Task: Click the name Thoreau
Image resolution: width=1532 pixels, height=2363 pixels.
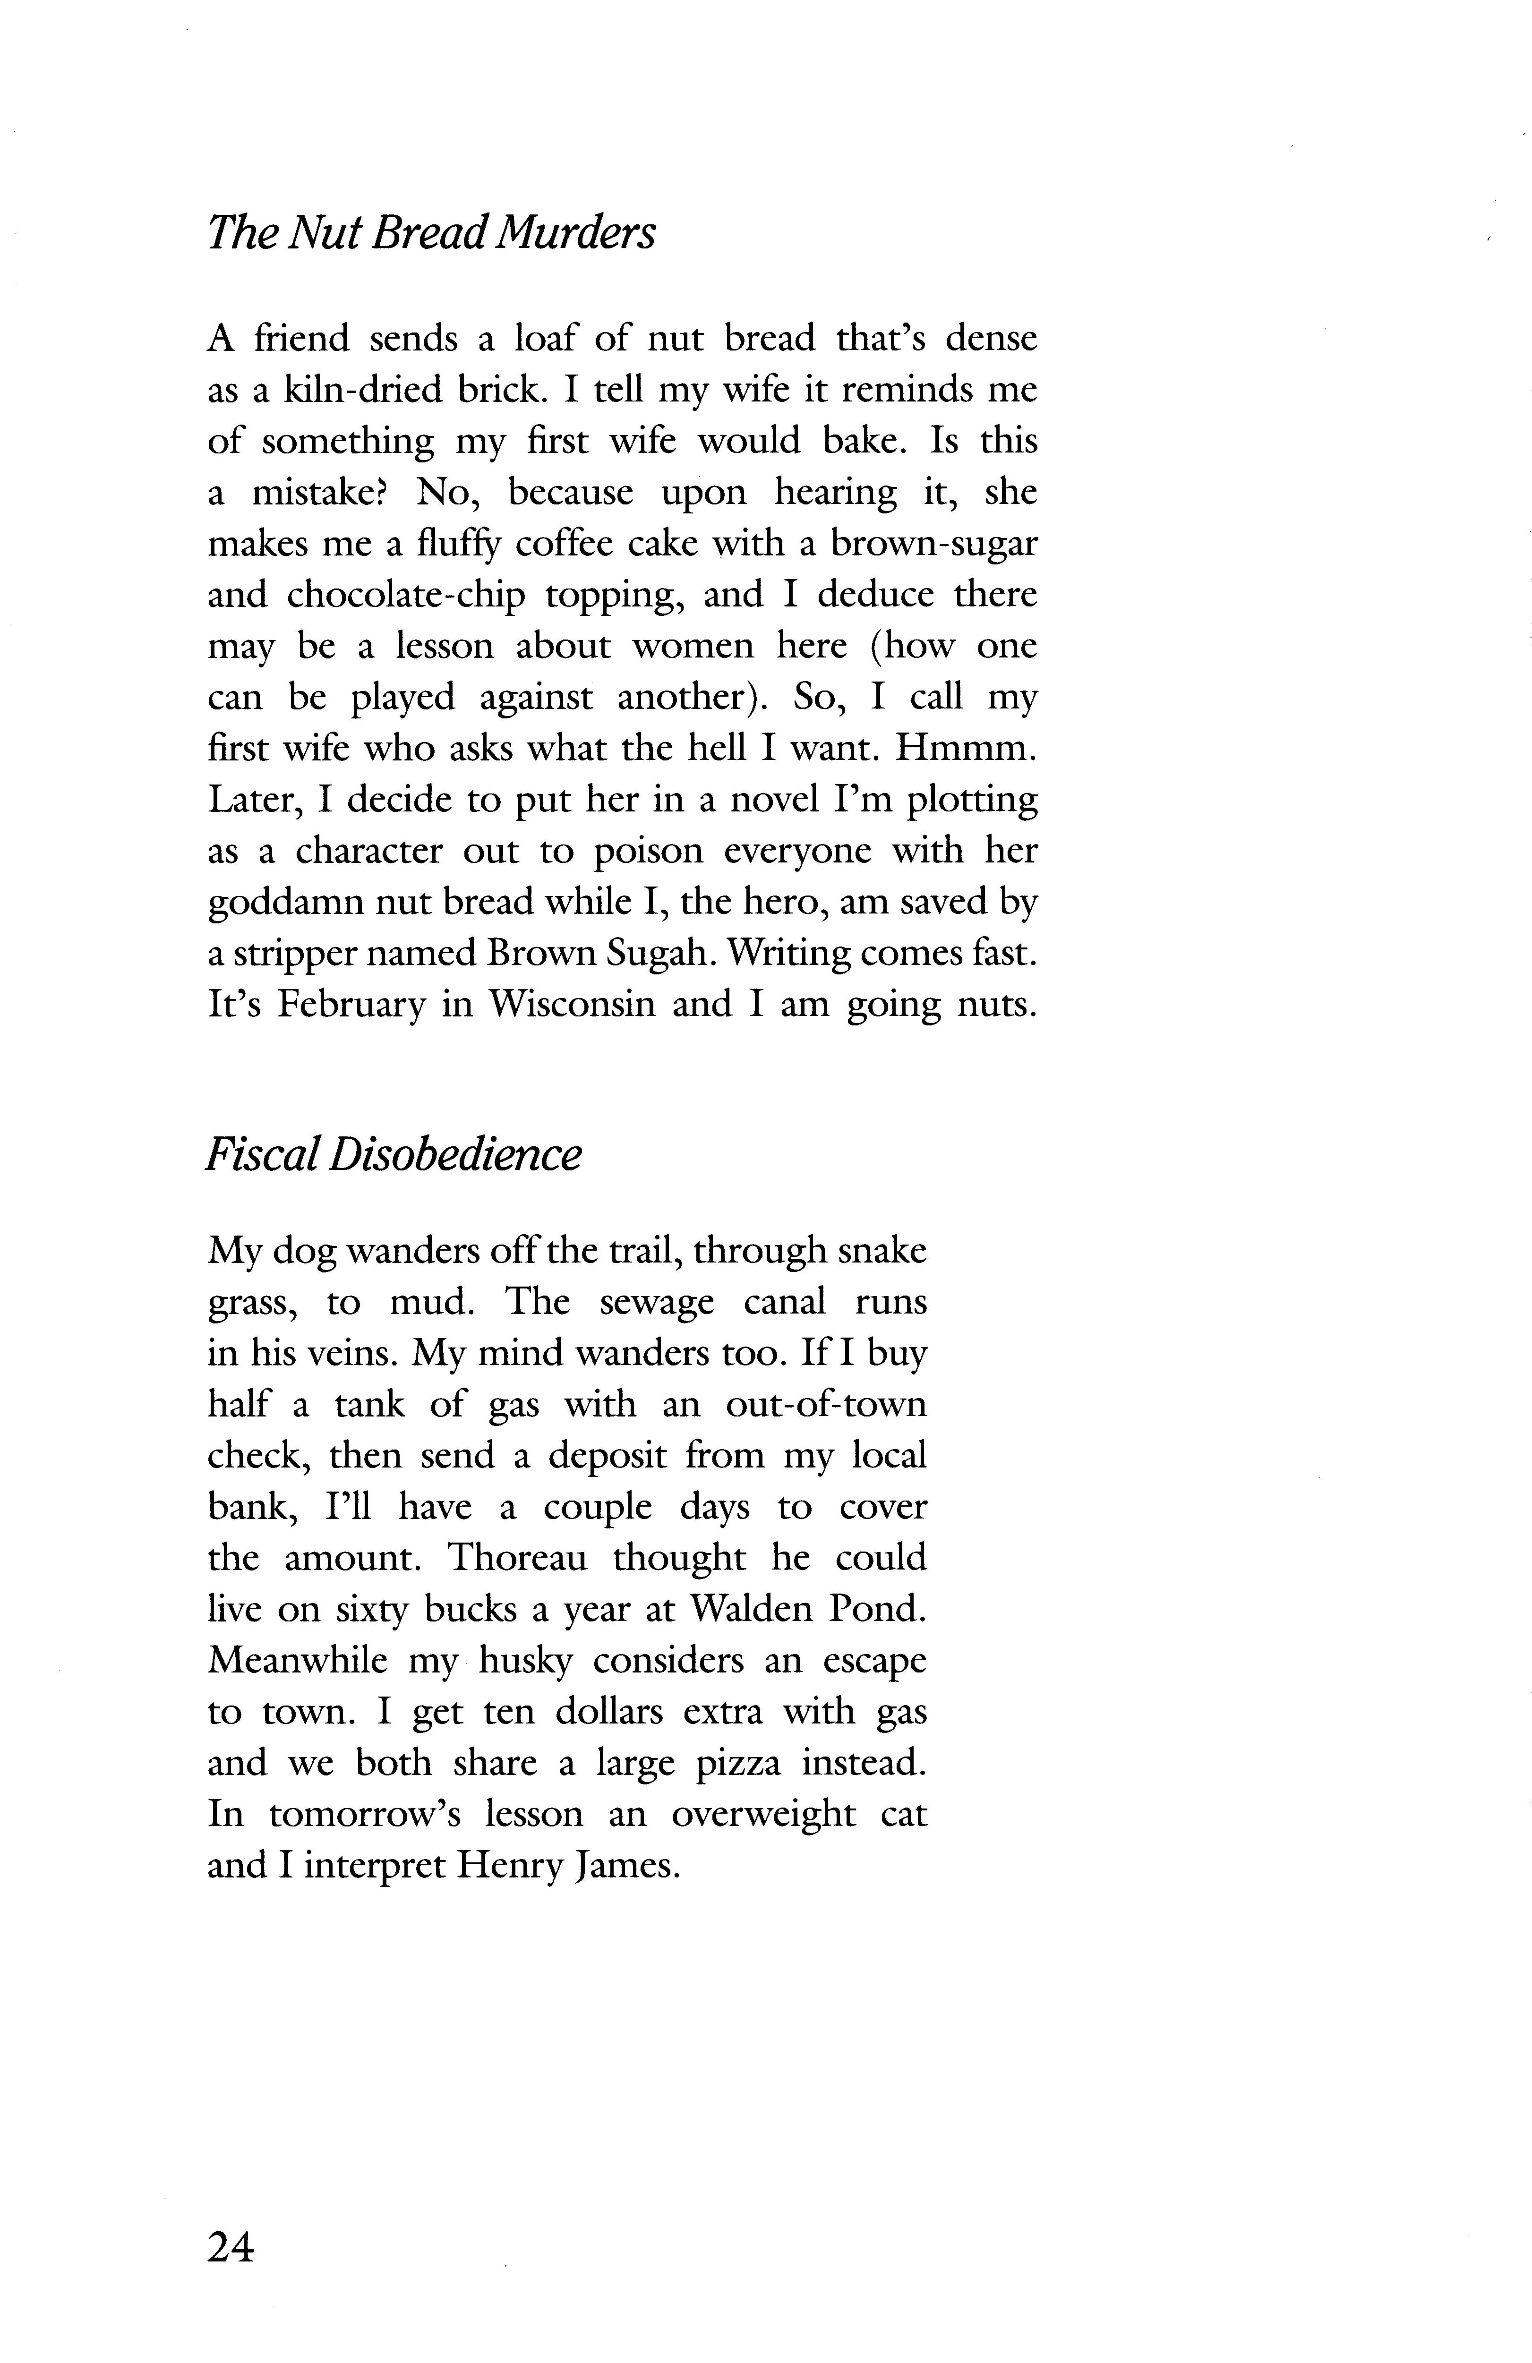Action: coord(517,1558)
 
